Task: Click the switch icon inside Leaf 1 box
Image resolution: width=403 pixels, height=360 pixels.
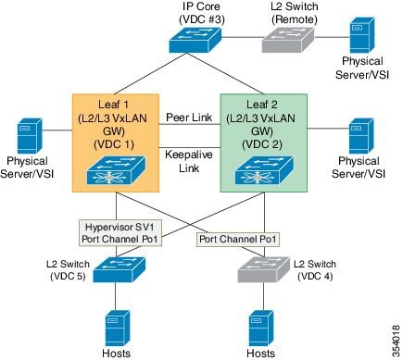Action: point(114,171)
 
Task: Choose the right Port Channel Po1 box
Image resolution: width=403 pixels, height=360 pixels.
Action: point(238,240)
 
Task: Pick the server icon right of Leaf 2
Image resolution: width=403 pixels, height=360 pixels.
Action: point(359,136)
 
